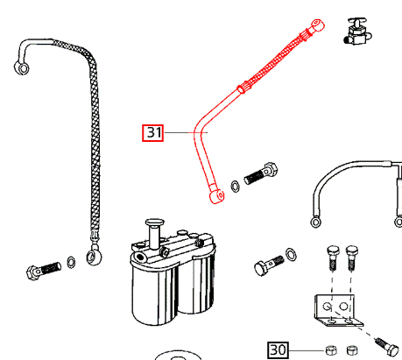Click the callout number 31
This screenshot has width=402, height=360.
154,133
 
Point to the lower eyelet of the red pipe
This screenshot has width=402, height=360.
214,198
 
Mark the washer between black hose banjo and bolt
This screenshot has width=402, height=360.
70,262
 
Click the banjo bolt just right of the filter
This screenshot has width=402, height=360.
264,265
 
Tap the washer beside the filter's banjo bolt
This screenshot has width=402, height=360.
293,255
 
